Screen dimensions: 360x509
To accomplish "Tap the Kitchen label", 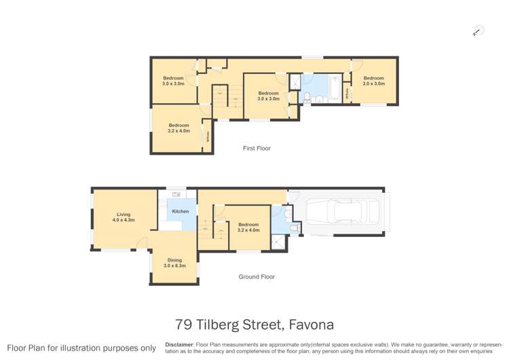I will [x=180, y=212].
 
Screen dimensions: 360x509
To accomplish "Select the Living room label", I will [x=124, y=217].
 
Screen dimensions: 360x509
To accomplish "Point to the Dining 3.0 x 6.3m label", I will [x=174, y=263].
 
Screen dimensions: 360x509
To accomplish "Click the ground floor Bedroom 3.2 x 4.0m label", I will [x=248, y=228].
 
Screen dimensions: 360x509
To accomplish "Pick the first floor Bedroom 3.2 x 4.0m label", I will [x=178, y=128].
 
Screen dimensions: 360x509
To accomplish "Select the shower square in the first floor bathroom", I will [x=296, y=82].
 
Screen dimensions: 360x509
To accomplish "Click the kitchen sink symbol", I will [x=176, y=195].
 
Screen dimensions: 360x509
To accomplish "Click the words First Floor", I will [x=257, y=148].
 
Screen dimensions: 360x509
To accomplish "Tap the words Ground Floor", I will [x=257, y=276].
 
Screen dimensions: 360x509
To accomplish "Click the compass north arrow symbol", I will [x=478, y=31].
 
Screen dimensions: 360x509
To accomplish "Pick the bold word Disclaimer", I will [x=179, y=344].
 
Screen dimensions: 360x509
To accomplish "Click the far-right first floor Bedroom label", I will [x=373, y=81].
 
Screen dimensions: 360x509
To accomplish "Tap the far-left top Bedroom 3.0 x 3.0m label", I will [x=173, y=81].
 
